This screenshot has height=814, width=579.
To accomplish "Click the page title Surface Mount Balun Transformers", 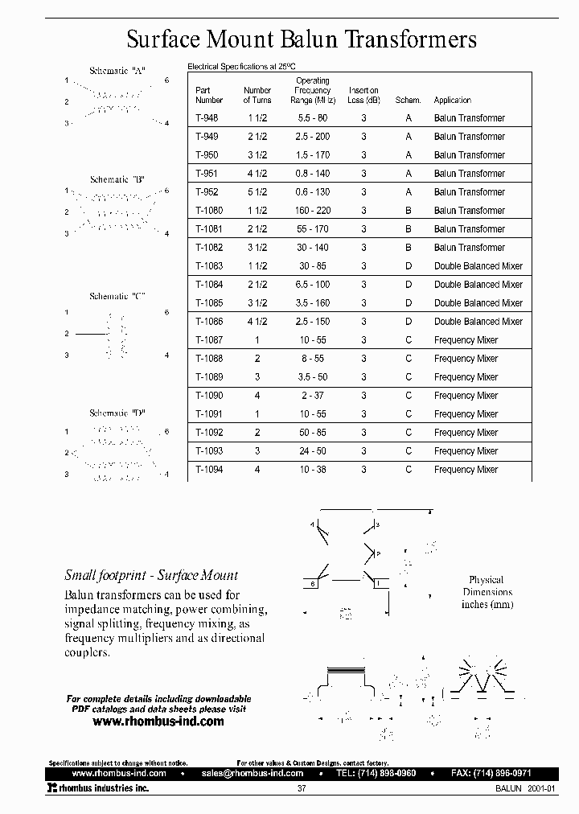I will tap(302, 39).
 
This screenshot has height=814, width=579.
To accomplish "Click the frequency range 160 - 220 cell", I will tap(313, 211).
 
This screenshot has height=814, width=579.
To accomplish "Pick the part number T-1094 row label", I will tap(208, 470).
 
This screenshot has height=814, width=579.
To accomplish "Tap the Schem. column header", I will tap(408, 101).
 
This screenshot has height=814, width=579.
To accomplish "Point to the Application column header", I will tap(453, 101).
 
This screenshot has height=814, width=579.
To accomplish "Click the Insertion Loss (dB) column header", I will tap(363, 96).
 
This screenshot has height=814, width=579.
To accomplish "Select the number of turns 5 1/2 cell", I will tap(257, 192).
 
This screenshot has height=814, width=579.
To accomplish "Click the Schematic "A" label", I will tap(117, 71).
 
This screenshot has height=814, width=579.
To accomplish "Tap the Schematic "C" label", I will tap(117, 296).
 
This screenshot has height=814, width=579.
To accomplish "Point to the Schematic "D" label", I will tap(117, 413).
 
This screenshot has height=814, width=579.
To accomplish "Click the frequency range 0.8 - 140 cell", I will tap(313, 174).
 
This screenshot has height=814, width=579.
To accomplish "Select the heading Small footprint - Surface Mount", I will tap(151, 575).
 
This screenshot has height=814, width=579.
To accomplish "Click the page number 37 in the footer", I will tap(301, 789).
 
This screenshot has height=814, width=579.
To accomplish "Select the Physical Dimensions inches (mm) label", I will tap(487, 591).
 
